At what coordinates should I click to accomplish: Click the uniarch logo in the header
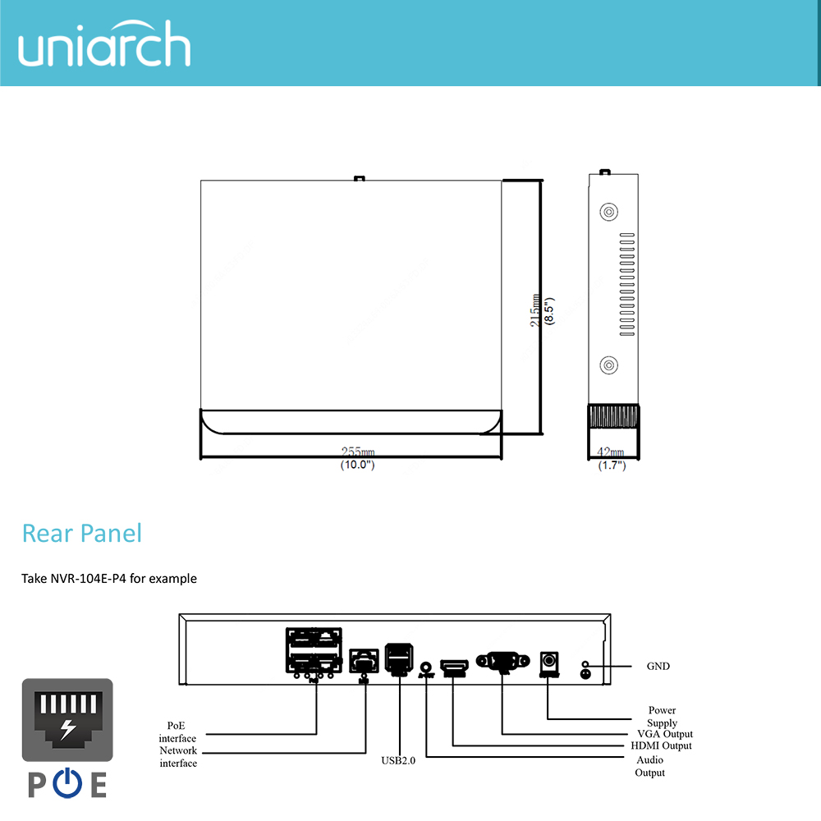104,48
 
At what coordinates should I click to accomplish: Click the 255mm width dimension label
358,452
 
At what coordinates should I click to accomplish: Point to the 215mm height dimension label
535,311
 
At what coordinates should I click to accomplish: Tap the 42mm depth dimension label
611,452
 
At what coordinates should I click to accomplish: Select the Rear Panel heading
81,533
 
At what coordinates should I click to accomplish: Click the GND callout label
658,666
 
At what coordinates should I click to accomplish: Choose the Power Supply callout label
662,716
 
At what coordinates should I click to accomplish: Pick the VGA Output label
665,734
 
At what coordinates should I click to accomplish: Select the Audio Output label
649,766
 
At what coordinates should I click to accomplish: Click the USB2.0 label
398,760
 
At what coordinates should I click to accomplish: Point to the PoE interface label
177,732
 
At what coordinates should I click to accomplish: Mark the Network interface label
178,757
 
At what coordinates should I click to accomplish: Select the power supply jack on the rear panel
548,660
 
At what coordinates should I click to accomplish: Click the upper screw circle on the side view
608,211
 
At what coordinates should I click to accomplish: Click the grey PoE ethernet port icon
67,722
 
